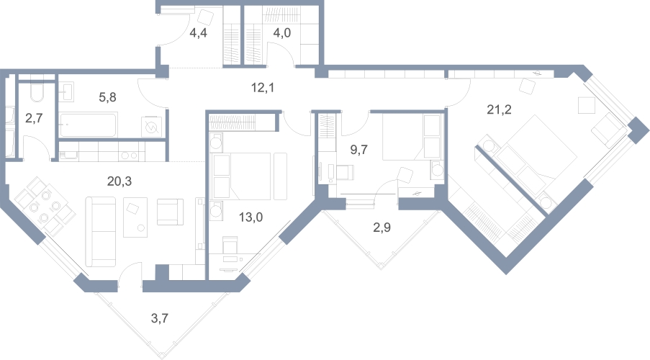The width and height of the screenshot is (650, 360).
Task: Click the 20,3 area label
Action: coord(119,181)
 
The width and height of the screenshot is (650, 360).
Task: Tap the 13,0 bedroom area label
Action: coord(250,217)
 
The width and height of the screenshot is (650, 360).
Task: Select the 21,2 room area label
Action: coord(499,110)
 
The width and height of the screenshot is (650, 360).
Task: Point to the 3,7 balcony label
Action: coord(160,318)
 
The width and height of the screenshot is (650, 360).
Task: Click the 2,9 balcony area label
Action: coord(382,228)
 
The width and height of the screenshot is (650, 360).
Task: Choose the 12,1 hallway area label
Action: coord(263,88)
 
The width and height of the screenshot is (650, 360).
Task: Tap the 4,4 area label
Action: coord(198,33)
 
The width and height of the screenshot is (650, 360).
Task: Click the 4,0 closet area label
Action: coord(282,33)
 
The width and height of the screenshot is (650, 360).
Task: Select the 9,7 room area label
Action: coord(359,150)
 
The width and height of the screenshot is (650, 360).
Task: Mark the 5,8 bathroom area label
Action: coord(107,97)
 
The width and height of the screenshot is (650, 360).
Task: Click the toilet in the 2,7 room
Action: coord(37,92)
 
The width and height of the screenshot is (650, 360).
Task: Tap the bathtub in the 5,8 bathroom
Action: coord(89,125)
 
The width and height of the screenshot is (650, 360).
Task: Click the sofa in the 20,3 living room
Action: coord(101,231)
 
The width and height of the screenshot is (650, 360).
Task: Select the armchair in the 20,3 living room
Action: coord(170,212)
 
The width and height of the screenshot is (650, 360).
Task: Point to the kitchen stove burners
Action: coord(130,156)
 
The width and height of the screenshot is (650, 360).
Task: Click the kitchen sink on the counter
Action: coord(69,156)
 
